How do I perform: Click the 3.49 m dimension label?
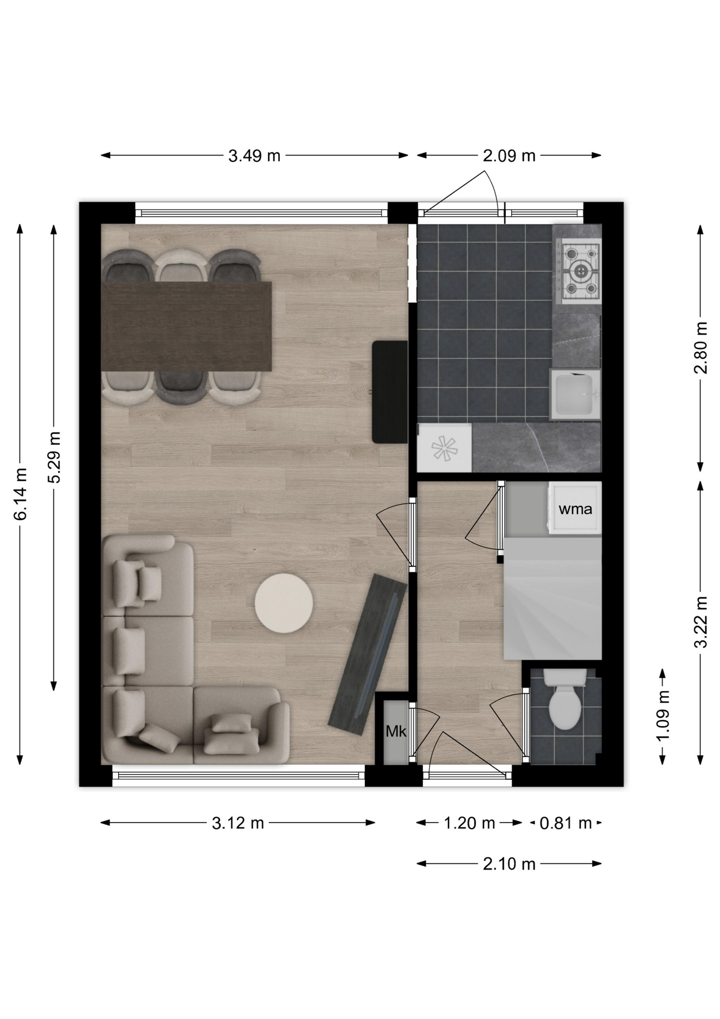(254, 156)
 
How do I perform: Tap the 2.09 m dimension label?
(509, 156)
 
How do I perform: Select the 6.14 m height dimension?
(20, 494)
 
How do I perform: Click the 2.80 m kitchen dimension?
(701, 348)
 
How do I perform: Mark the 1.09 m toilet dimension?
(663, 715)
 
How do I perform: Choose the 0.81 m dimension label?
(565, 823)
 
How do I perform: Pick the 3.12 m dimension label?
(238, 823)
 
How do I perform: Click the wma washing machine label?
(575, 509)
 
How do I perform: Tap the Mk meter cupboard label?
(396, 731)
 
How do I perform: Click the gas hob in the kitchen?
(581, 271)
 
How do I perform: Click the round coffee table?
(284, 603)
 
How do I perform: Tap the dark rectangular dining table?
(186, 326)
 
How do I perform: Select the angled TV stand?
(367, 654)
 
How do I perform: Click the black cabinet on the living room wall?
(390, 392)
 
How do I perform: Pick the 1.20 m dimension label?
(469, 823)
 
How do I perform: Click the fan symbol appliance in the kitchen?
(444, 448)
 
